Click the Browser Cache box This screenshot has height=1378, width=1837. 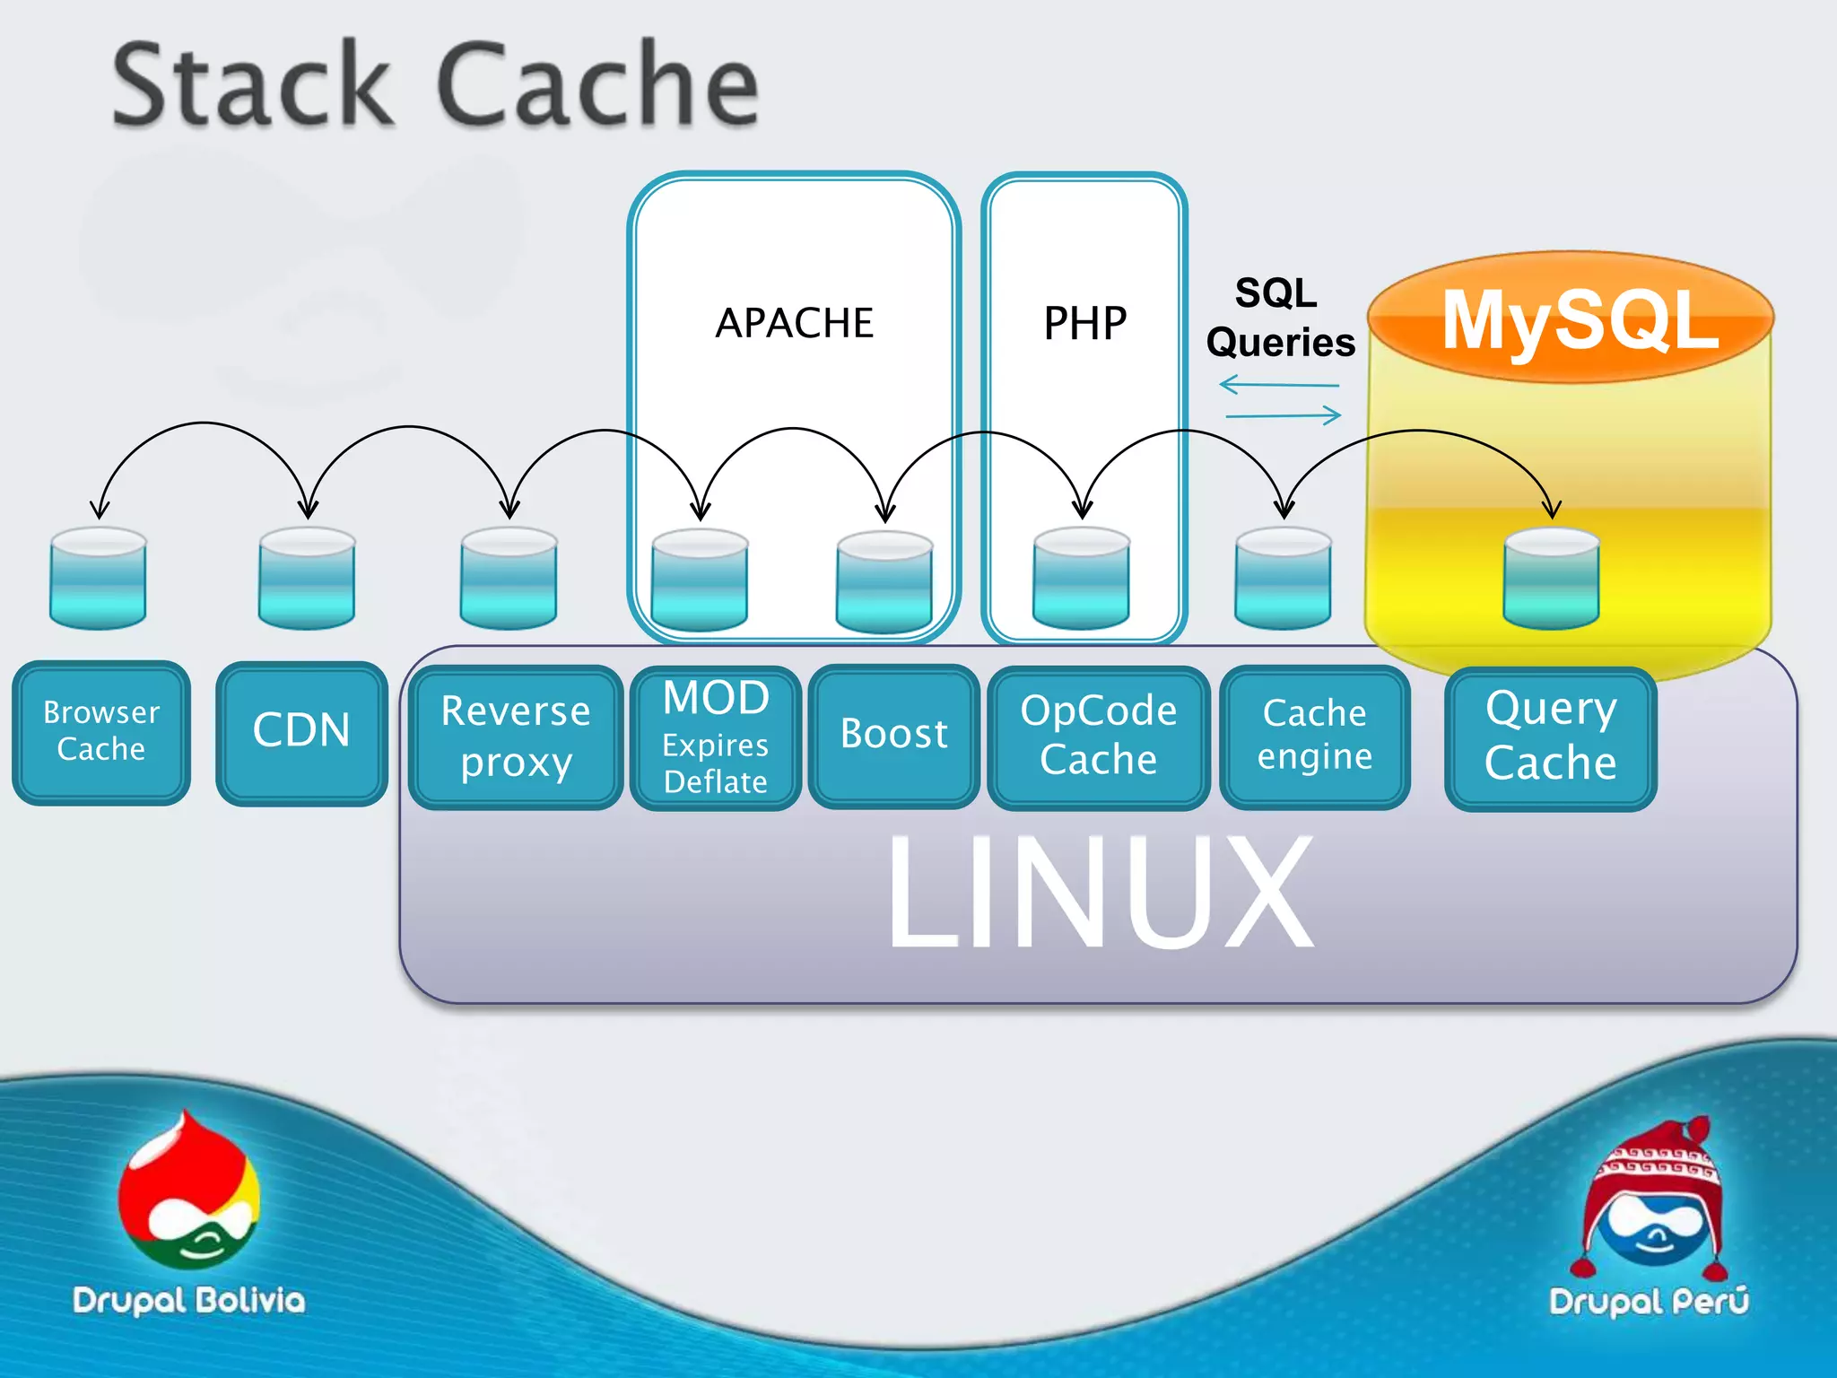[101, 731]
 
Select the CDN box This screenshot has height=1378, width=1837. [301, 731]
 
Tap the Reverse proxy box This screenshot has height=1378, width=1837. [516, 737]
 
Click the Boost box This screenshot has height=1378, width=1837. [893, 735]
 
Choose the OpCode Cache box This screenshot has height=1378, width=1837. [1098, 737]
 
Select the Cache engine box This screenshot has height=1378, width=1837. [1314, 736]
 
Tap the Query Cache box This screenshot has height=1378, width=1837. [1550, 737]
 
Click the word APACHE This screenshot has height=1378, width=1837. [794, 323]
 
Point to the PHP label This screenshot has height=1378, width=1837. [1084, 324]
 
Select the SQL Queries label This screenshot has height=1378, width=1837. [1279, 318]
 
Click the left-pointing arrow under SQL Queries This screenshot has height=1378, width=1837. [1278, 386]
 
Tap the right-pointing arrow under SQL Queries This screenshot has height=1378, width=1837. [1284, 415]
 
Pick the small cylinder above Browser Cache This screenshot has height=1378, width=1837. [98, 579]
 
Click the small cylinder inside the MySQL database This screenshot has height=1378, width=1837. [1551, 579]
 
